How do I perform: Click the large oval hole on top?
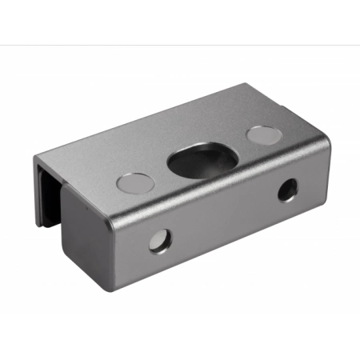click(201, 159)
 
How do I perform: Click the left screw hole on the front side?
click(159, 239)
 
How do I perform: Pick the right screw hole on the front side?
click(286, 190)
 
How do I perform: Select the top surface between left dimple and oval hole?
click(160, 171)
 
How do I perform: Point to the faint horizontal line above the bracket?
click(180, 45)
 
